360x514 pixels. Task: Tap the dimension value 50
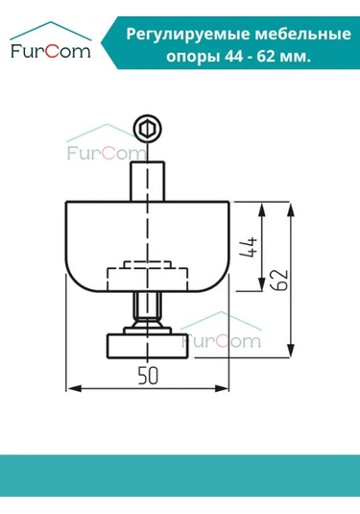(147, 377)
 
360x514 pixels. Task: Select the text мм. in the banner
(295, 56)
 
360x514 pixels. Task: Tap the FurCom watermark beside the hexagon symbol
(103, 152)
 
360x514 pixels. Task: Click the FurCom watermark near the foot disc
(220, 339)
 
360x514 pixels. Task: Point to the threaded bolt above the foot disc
(147, 312)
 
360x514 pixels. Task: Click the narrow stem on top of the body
(147, 181)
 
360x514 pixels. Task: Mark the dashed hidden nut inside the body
(147, 277)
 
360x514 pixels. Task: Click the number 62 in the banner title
(257, 56)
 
